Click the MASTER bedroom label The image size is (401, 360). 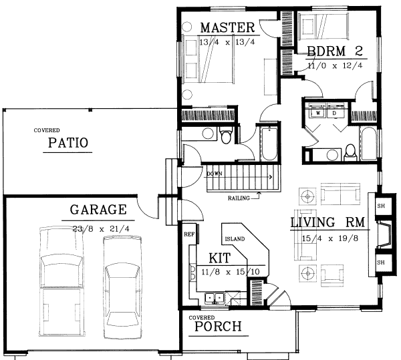(x=227, y=28)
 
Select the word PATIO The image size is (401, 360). (x=68, y=144)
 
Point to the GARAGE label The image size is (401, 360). (x=98, y=210)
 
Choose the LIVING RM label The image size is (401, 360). (x=326, y=222)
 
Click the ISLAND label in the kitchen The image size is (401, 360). (x=235, y=238)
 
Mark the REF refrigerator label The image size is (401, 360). (x=188, y=235)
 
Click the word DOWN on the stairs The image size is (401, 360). (x=214, y=174)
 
